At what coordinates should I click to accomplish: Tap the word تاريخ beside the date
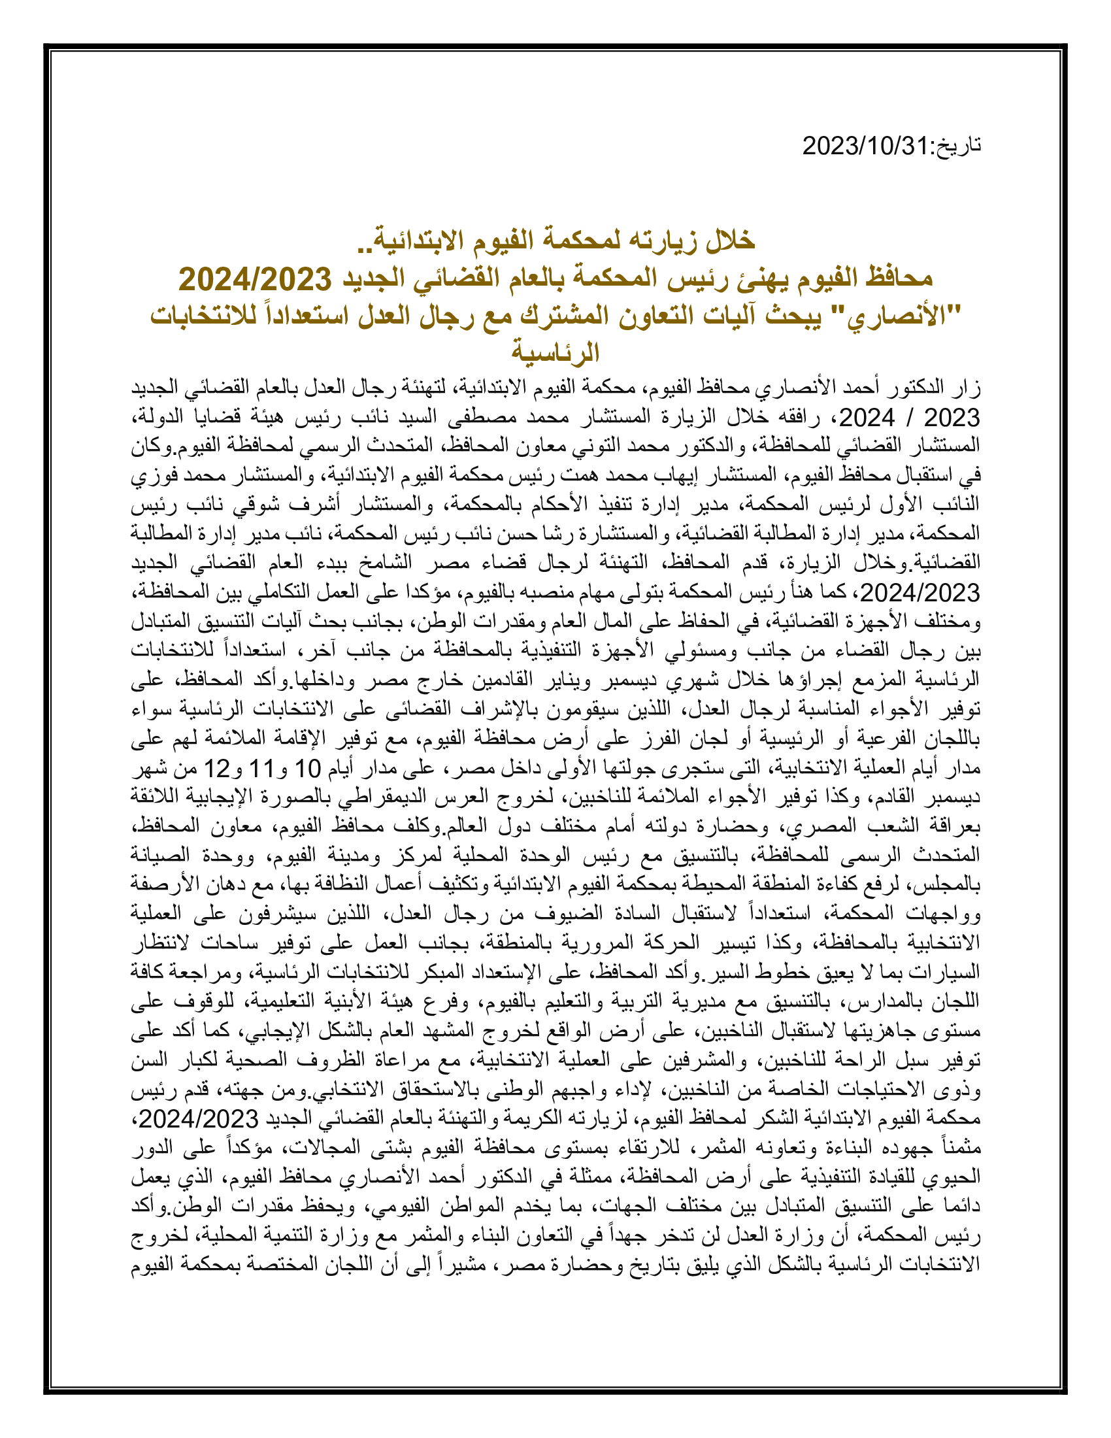957,146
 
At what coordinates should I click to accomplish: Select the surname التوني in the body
570,445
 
